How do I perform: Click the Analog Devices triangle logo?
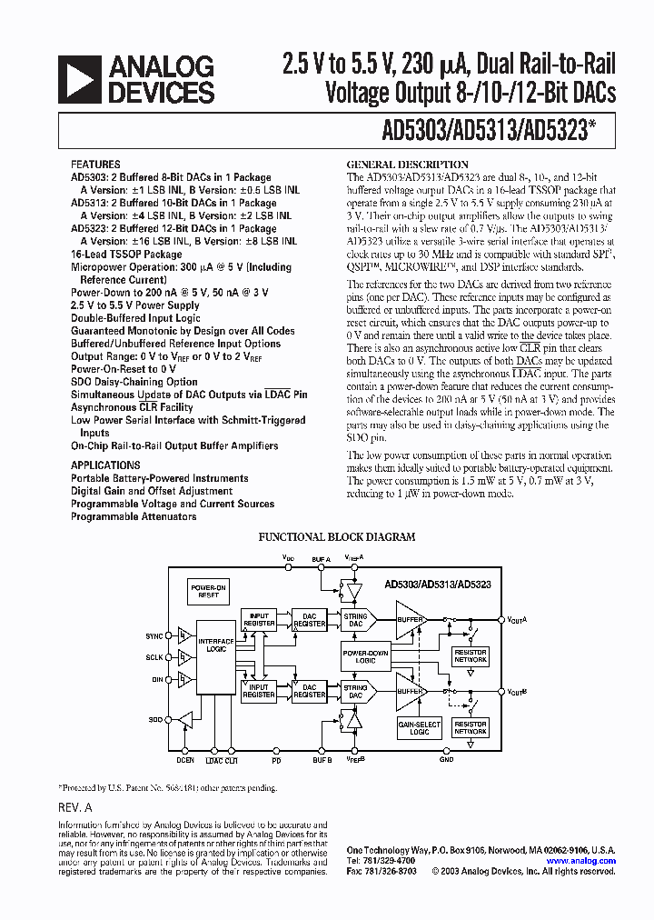point(80,79)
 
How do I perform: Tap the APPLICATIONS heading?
point(105,465)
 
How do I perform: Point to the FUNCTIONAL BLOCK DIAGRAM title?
point(337,537)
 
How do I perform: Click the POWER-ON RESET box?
point(208,592)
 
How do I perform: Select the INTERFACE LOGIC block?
point(215,646)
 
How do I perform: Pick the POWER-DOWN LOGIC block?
point(365,656)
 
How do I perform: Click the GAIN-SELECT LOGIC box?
point(419,728)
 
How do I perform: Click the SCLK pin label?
point(154,656)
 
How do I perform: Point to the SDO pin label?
point(155,719)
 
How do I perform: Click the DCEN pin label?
point(185,759)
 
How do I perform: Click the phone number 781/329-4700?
point(381,860)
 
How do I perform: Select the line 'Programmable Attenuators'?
point(134,516)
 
